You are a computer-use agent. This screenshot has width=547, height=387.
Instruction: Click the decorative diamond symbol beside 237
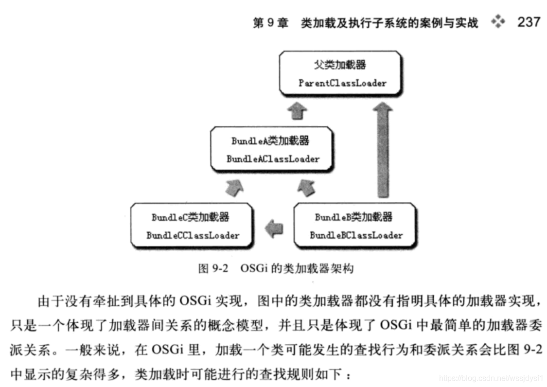tap(498, 22)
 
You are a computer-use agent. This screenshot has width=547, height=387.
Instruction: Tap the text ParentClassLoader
tap(342, 83)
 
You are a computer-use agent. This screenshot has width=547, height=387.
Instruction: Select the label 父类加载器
tap(340, 65)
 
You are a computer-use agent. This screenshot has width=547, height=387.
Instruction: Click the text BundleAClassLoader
tap(273, 159)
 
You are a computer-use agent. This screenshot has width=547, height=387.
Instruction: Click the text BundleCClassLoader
tap(193, 235)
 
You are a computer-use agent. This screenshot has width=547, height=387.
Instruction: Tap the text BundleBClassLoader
tap(356, 235)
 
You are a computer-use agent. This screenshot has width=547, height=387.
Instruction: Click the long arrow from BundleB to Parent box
tap(384, 150)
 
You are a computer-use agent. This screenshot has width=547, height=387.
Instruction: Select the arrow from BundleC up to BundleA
tap(234, 187)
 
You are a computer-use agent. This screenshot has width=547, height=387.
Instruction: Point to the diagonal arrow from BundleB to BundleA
tap(307, 187)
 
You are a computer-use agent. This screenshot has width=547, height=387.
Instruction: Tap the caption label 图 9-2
tap(210, 269)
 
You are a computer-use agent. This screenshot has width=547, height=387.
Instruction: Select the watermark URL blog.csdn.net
tap(491, 378)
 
